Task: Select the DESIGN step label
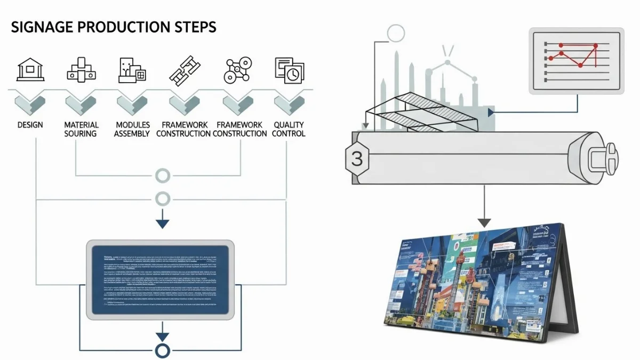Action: coord(30,125)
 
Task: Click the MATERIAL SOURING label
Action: coord(81,129)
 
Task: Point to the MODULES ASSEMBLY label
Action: coord(132,129)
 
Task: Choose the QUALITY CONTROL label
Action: coord(289,129)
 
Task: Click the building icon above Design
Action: coord(30,69)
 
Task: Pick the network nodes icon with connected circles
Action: coord(237,70)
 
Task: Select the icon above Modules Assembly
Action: coord(132,70)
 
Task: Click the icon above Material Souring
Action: coord(81,70)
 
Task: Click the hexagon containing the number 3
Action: coord(357,158)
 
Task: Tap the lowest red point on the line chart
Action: coord(580,66)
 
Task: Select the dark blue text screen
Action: coord(161,279)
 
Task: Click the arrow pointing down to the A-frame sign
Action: coord(484,220)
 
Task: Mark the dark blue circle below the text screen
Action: coord(162,351)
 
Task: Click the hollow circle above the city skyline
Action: coord(396,34)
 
